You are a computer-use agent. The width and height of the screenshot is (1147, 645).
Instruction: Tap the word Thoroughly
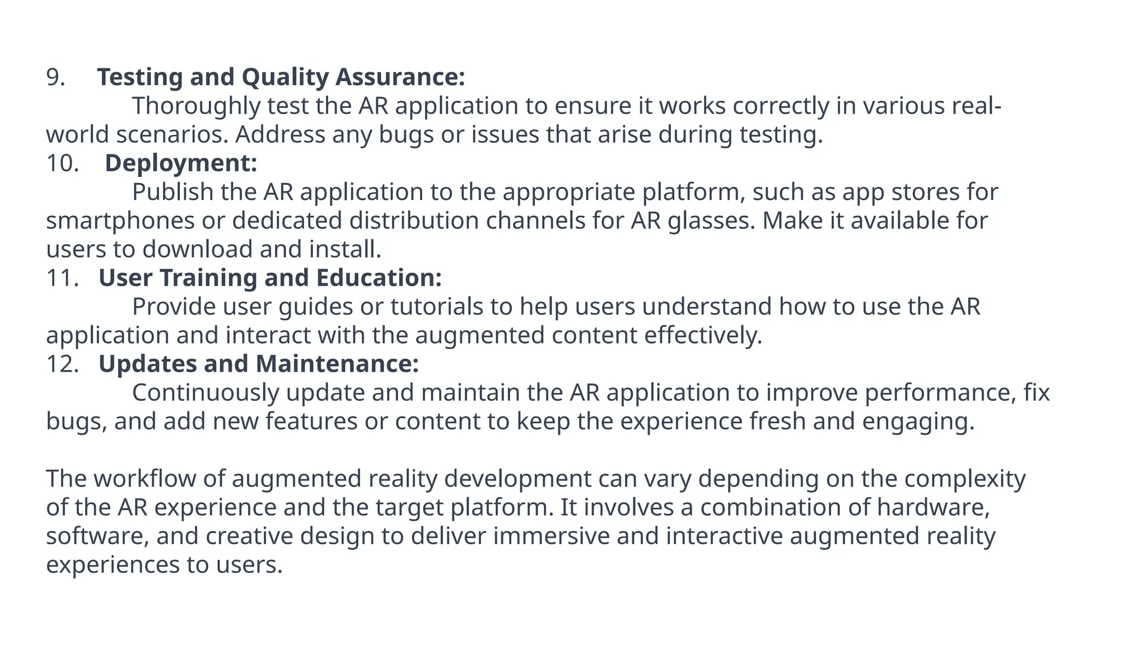click(196, 106)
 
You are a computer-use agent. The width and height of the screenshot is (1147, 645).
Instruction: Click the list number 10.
click(62, 163)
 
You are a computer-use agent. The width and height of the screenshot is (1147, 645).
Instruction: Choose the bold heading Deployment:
click(181, 163)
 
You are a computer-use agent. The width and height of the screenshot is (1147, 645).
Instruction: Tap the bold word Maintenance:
click(337, 364)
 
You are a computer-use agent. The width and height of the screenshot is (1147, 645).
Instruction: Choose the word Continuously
click(206, 392)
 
